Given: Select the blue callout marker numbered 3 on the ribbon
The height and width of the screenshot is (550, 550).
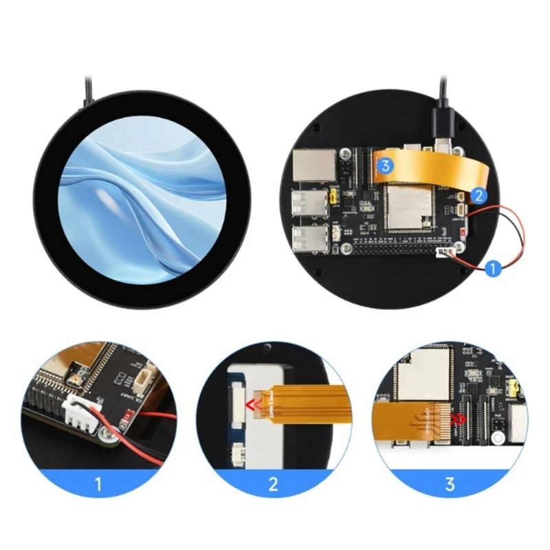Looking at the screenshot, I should pyautogui.click(x=385, y=165).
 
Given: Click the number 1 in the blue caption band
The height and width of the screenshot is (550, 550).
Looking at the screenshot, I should pyautogui.click(x=98, y=484).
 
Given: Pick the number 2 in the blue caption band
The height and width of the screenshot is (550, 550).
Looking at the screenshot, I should pyautogui.click(x=274, y=484).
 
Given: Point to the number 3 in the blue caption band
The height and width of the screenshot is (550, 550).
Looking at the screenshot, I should pyautogui.click(x=450, y=484).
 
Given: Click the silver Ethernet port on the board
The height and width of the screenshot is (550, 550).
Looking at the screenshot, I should pyautogui.click(x=307, y=165).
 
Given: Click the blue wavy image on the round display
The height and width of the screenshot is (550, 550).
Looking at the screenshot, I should pyautogui.click(x=142, y=199).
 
